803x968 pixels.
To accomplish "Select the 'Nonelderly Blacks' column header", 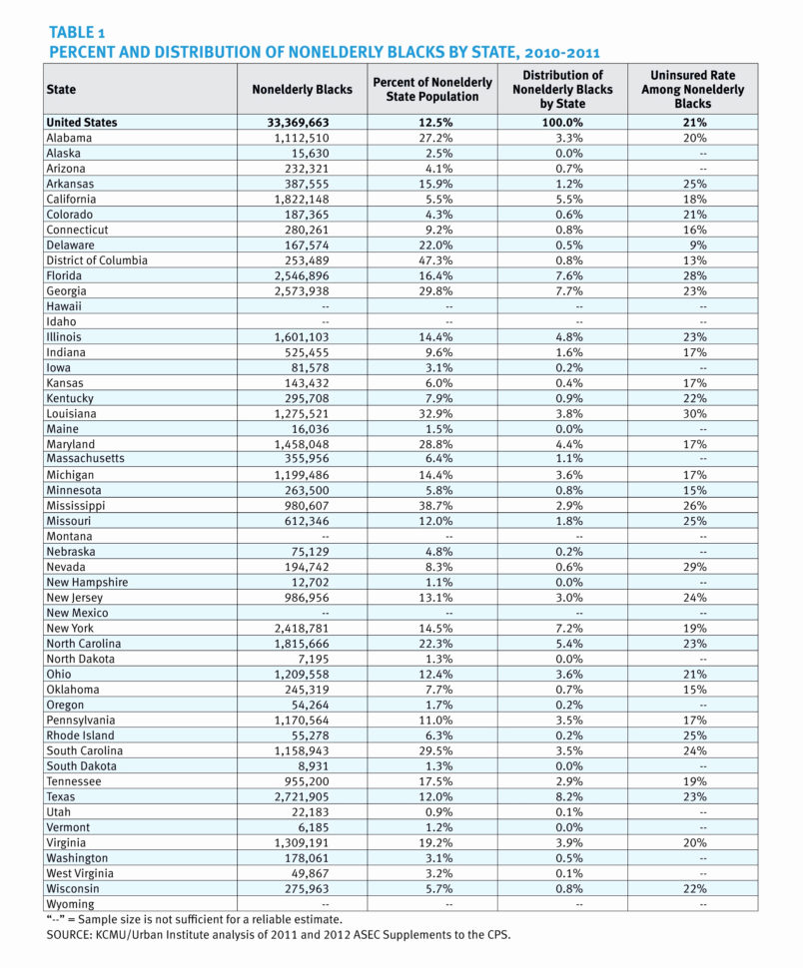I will click(x=302, y=90).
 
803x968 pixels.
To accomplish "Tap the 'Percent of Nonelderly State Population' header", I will click(x=432, y=89).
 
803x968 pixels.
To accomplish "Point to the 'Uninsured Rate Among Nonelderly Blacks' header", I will click(x=692, y=89).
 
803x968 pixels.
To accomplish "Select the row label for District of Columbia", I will click(x=97, y=260).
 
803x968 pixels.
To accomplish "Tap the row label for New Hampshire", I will click(x=87, y=582).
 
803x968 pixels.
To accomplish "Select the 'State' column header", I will click(x=61, y=90).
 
